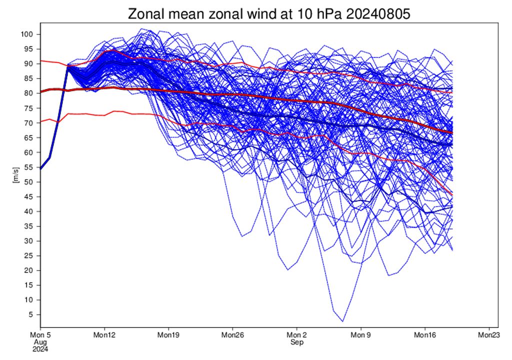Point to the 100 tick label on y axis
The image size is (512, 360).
click(26, 34)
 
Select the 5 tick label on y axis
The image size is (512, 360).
click(30, 314)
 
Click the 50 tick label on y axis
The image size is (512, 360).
click(28, 182)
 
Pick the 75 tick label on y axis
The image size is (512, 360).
click(28, 108)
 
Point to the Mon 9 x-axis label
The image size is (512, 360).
click(360, 334)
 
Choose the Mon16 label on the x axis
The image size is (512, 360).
click(424, 334)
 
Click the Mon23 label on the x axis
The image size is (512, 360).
click(488, 334)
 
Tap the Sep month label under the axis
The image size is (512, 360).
click(296, 342)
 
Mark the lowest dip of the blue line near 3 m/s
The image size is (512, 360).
click(343, 321)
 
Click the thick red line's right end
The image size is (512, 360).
click(452, 132)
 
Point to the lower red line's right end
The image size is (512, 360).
click(452, 194)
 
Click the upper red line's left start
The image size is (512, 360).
click(40, 60)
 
